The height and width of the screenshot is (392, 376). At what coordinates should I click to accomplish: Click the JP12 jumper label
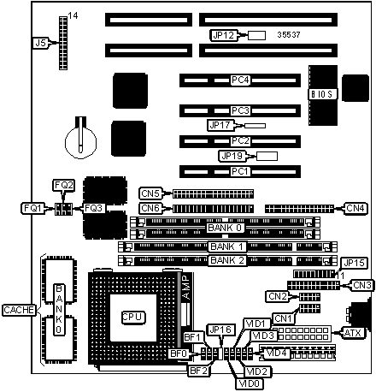click(224, 35)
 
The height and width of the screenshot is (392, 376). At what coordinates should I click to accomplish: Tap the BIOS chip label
click(322, 94)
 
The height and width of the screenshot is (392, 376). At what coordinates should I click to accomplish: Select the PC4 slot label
click(240, 80)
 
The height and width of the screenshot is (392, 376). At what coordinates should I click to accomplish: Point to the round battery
click(80, 141)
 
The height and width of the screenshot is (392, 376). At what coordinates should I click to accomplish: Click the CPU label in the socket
click(133, 318)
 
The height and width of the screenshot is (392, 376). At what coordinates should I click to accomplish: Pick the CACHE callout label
click(19, 310)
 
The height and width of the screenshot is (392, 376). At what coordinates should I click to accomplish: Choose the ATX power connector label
click(353, 333)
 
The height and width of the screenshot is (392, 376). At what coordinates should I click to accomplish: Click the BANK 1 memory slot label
click(227, 246)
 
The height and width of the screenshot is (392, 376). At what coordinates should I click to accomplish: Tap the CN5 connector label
click(150, 193)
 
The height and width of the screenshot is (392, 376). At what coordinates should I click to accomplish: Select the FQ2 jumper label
click(64, 185)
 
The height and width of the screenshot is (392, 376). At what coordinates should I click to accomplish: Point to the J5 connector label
click(40, 43)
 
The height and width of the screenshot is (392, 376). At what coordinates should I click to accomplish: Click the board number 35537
click(289, 35)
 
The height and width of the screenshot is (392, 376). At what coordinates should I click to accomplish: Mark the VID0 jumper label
click(250, 383)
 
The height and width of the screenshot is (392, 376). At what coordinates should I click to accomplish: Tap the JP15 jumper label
click(354, 263)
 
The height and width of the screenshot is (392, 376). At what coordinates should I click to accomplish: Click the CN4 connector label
click(355, 208)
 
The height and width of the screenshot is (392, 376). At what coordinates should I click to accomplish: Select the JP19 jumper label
click(232, 156)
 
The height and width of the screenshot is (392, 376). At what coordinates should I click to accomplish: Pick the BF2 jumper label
click(198, 371)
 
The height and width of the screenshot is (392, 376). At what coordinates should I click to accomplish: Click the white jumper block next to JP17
click(256, 126)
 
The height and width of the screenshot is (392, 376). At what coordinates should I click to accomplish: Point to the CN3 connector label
click(361, 285)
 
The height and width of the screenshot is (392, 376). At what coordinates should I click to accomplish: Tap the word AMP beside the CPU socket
click(185, 287)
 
